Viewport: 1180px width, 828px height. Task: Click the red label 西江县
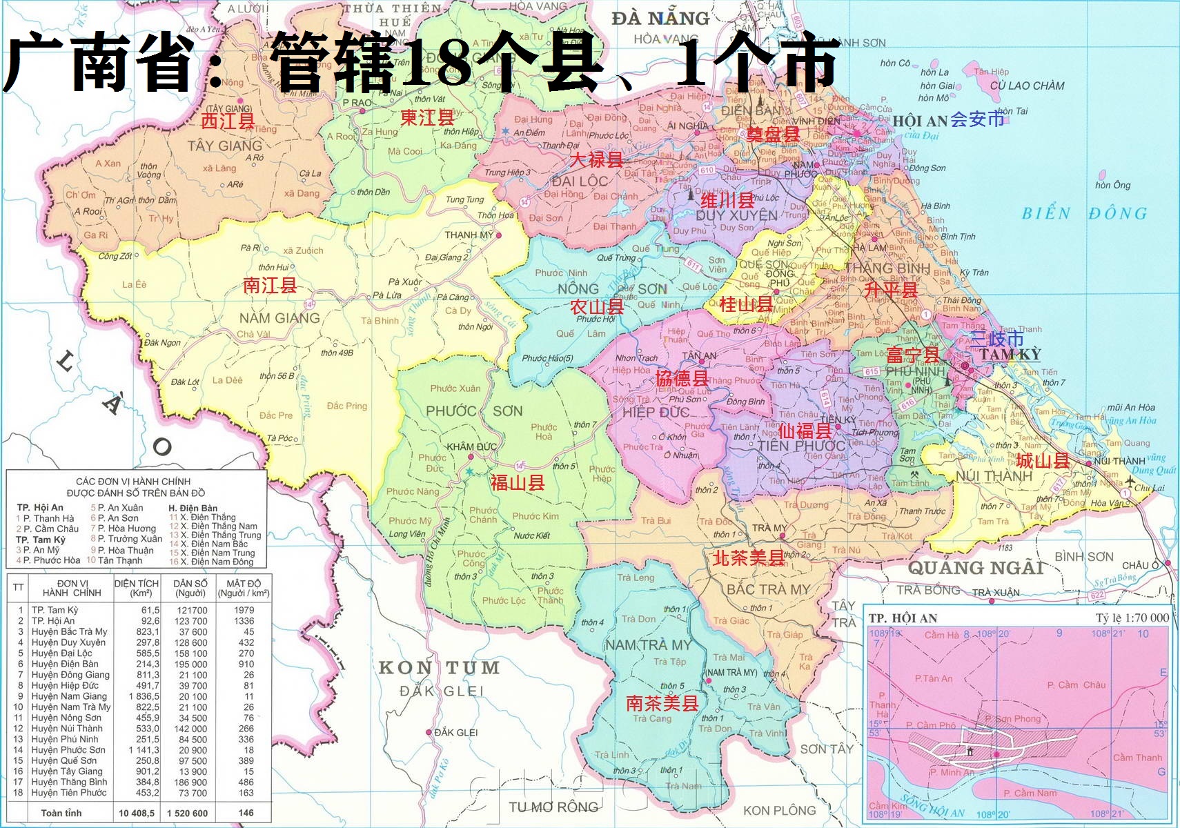click(228, 121)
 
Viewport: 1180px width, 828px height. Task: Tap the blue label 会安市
click(977, 119)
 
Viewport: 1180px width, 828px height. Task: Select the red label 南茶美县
click(662, 703)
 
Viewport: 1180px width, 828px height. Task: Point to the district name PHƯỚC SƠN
click(473, 411)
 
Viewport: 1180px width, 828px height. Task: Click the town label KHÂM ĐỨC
click(471, 446)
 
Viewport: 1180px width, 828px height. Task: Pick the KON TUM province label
click(439, 668)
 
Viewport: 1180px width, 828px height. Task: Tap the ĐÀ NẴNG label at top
click(660, 19)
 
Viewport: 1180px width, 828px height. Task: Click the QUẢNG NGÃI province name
click(975, 568)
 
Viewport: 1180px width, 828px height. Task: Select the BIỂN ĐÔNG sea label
click(1084, 213)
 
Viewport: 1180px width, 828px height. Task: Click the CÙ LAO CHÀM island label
click(1027, 86)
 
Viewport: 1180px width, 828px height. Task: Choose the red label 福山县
click(518, 482)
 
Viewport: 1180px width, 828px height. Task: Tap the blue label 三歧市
click(997, 339)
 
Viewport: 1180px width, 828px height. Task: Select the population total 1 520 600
click(187, 813)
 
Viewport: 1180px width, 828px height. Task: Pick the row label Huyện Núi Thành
click(66, 729)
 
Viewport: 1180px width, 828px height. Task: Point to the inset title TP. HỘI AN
click(903, 618)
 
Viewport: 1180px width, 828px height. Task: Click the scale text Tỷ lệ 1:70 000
click(1132, 618)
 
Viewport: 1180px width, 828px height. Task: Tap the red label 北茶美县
click(749, 558)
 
